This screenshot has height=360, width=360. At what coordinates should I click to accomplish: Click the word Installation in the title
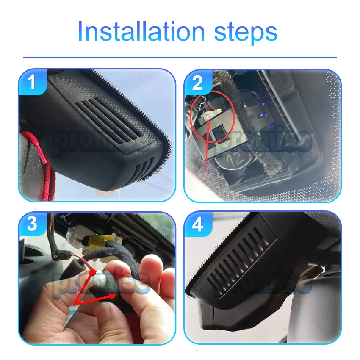[141, 31]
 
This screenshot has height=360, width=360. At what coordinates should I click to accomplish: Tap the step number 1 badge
[33, 82]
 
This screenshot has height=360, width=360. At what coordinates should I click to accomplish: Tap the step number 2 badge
[198, 82]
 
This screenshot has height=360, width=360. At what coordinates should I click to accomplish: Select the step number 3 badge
[32, 224]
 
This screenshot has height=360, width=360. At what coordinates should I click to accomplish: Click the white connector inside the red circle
[210, 114]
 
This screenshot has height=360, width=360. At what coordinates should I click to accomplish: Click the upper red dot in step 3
[92, 272]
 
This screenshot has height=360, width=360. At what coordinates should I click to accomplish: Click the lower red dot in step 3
[112, 296]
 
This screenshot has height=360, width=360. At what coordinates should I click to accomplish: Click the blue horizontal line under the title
[180, 57]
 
